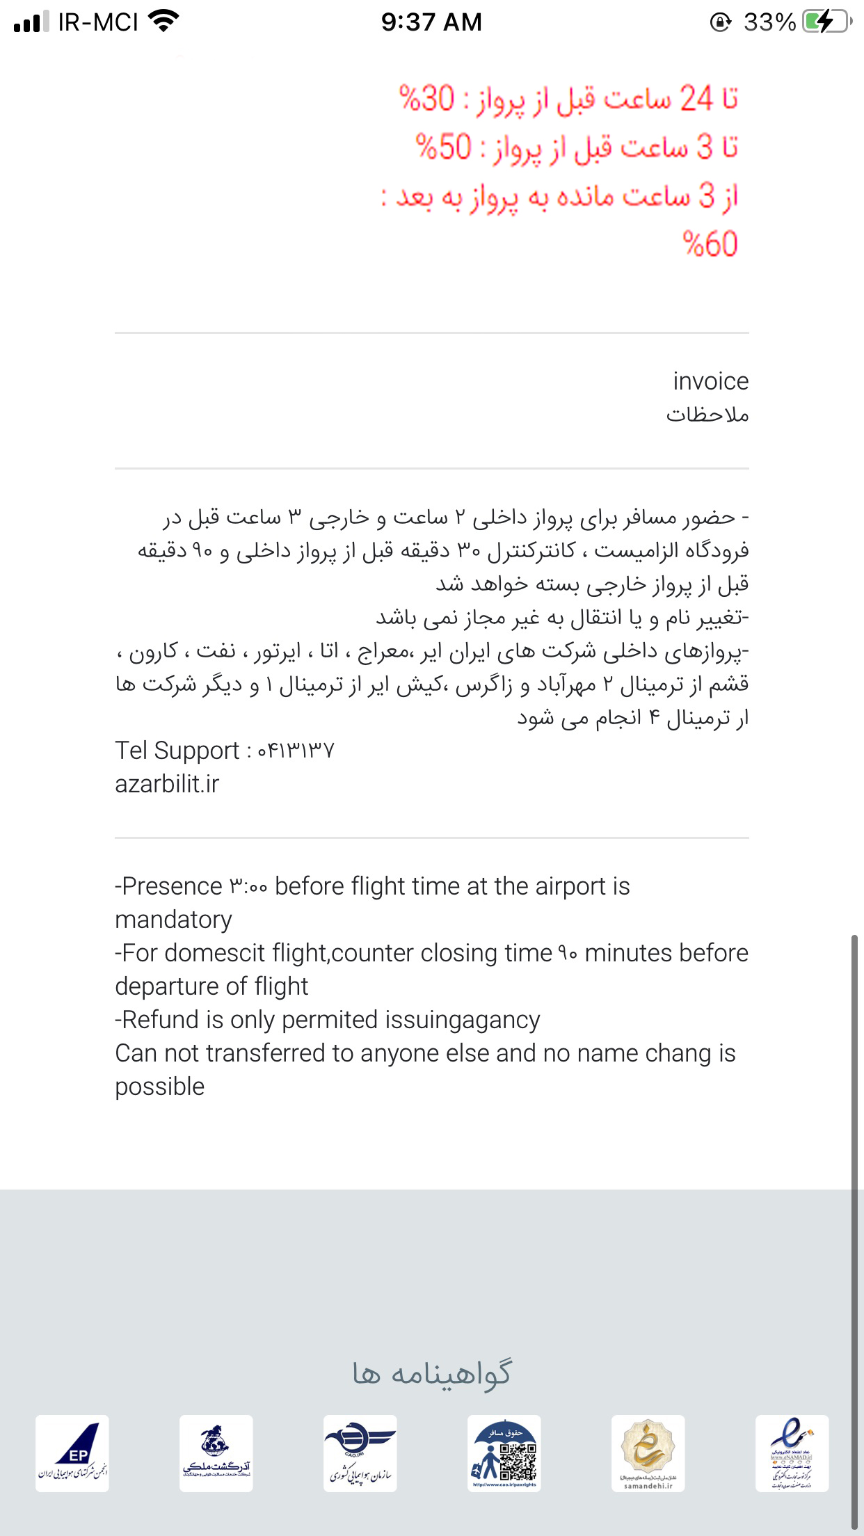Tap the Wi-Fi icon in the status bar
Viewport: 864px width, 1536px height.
(164, 21)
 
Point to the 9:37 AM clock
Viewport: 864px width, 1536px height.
(431, 22)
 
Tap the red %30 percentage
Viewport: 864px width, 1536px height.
(427, 98)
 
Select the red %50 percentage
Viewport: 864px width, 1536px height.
(444, 147)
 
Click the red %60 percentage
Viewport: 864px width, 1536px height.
(710, 244)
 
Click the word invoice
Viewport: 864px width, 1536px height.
(710, 381)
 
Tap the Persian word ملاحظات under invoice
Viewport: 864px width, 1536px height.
(707, 415)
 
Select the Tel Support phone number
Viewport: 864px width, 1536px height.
(296, 751)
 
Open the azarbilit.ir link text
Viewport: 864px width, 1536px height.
(167, 784)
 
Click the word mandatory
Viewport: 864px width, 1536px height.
(173, 920)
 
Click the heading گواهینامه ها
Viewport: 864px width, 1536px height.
(432, 1375)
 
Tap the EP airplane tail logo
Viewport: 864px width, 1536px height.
(72, 1453)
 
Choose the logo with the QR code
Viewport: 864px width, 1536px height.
(504, 1453)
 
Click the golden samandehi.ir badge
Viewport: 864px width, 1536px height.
(648, 1453)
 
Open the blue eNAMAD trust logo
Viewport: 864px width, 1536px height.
(792, 1453)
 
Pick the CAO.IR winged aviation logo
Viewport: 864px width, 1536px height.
(360, 1453)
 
